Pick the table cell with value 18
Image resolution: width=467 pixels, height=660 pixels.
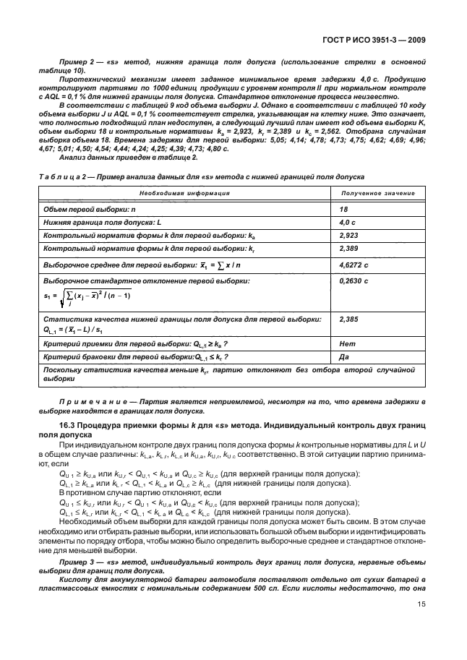tap(344, 208)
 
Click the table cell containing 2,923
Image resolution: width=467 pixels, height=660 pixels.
tap(348, 236)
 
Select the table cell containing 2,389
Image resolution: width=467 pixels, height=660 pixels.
tap(348, 249)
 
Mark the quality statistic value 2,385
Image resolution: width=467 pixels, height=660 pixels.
tap(348, 318)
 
